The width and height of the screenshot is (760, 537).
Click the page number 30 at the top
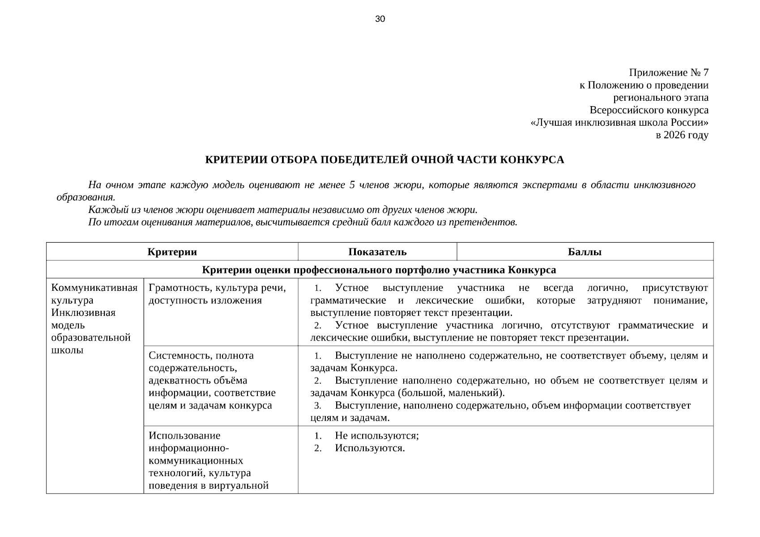click(x=380, y=19)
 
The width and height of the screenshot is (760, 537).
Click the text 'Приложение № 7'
click(x=668, y=72)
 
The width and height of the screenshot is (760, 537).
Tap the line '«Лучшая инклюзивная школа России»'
click(x=619, y=123)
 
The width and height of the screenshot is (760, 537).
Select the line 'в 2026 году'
click(x=682, y=135)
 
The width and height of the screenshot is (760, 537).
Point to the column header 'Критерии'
click(x=172, y=252)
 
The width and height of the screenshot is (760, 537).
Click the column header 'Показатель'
click(x=377, y=252)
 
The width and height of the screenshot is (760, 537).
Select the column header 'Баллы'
click(x=585, y=252)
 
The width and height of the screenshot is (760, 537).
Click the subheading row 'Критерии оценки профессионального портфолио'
click(x=379, y=270)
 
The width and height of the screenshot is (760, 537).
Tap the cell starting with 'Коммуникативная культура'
click(x=94, y=318)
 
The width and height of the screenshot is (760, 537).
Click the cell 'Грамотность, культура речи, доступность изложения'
click(x=217, y=294)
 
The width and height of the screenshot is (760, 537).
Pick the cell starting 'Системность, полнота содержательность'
click(x=212, y=380)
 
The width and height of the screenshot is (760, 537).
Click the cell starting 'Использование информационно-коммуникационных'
click(x=209, y=460)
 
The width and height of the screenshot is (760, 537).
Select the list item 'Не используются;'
click(x=376, y=436)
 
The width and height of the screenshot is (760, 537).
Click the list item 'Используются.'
click(x=370, y=448)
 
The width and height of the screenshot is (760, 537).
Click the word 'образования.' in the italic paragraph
click(x=85, y=197)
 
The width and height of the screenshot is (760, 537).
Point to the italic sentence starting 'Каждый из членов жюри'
click(x=283, y=209)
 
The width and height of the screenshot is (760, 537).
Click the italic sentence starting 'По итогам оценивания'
click(x=303, y=222)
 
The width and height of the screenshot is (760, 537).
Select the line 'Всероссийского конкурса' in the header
click(x=649, y=110)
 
